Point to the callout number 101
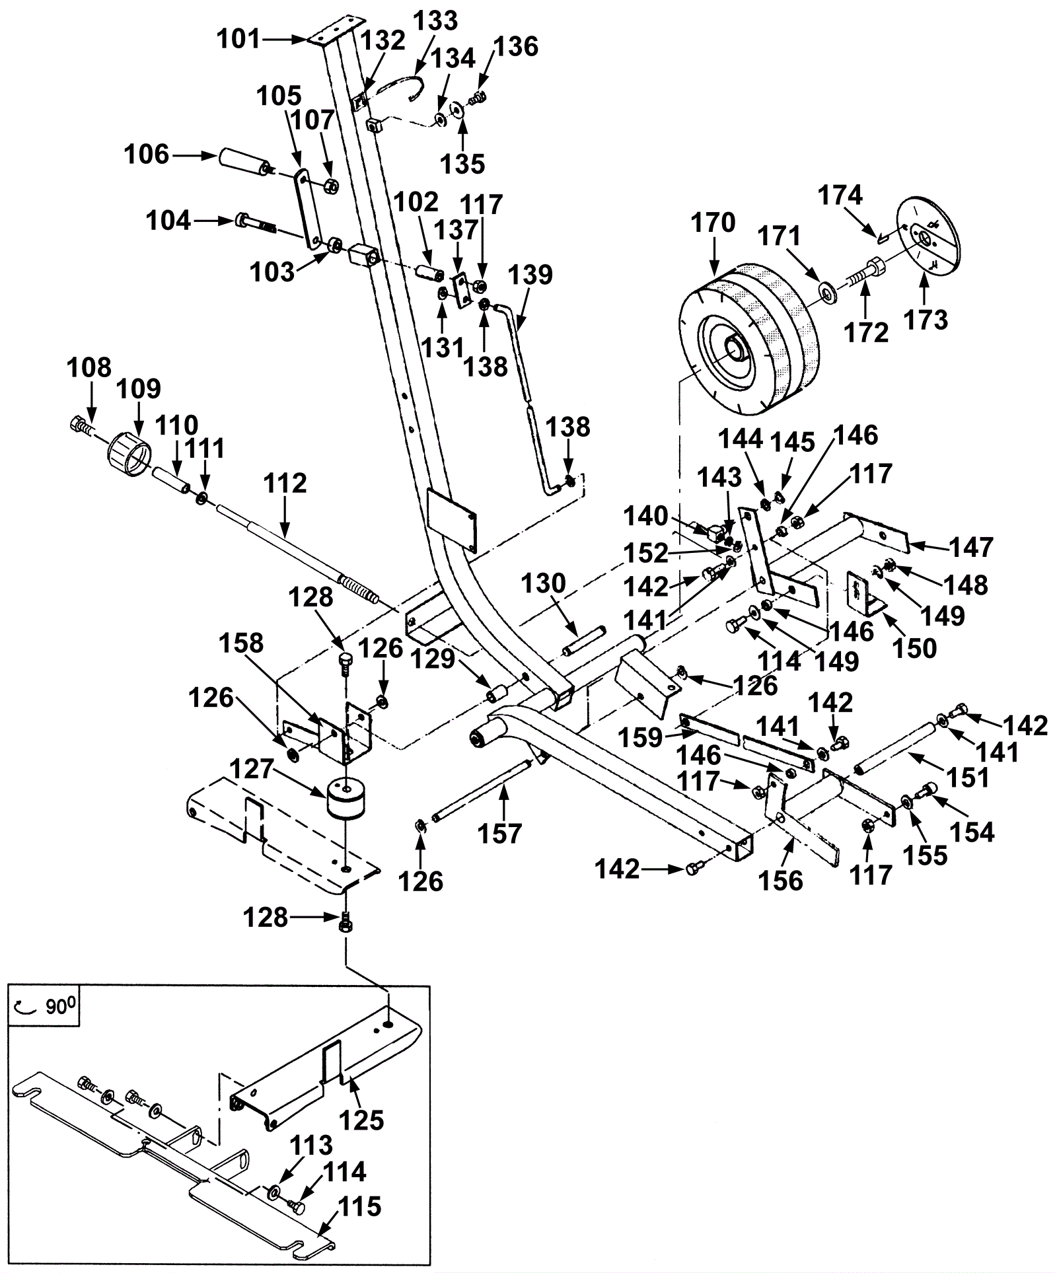pos(240,40)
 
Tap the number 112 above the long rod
pos(285,484)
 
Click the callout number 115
pos(361,1207)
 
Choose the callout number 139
pos(531,275)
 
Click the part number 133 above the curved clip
pos(435,20)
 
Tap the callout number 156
pos(782,881)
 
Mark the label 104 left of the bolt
pos(168,221)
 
